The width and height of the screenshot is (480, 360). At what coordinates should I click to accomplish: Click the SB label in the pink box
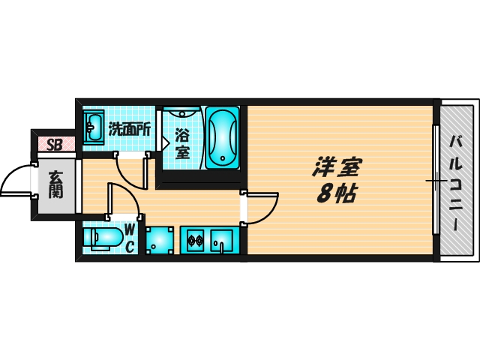click(55, 145)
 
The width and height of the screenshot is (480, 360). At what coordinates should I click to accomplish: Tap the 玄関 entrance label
click(56, 184)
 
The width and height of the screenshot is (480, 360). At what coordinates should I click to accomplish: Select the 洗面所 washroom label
click(130, 130)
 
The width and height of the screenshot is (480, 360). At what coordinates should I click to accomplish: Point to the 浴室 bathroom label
click(183, 144)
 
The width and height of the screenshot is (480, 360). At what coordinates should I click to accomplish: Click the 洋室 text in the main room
click(337, 166)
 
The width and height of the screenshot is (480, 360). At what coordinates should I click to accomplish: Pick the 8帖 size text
click(337, 193)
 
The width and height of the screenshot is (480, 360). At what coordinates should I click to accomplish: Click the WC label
click(130, 238)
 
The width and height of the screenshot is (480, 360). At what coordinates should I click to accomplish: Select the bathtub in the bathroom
click(223, 137)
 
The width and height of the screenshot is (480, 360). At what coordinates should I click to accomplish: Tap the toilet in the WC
click(103, 238)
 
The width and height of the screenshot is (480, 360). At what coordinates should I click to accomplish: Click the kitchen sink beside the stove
click(221, 241)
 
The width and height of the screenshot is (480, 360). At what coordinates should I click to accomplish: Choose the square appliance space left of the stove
click(160, 240)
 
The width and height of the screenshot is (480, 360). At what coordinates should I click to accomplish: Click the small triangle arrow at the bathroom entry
click(166, 142)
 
